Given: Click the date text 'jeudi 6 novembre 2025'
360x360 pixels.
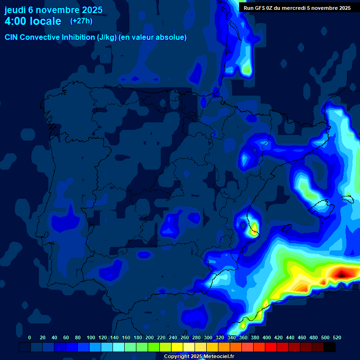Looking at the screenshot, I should (x=53, y=10).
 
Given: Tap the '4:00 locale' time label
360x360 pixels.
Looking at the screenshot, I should (x=33, y=22).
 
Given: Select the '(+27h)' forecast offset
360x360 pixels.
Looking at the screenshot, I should (x=81, y=21).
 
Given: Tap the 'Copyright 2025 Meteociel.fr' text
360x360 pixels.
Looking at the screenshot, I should (x=199, y=357).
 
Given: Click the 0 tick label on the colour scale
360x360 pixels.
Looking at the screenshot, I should (x=30, y=337).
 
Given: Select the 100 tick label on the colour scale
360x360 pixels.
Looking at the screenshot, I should (x=91, y=337).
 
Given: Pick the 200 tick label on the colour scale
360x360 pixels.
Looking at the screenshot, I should (x=150, y=337).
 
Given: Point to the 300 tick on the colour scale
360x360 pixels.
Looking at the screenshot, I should (x=208, y=337).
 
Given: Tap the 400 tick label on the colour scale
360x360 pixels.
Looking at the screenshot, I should (x=267, y=337).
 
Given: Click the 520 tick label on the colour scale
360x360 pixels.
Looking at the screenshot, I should (x=337, y=337).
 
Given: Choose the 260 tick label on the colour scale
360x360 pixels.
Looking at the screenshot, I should (x=185, y=337).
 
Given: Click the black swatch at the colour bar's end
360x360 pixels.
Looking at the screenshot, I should (x=330, y=347).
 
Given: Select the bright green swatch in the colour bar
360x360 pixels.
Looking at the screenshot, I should (x=154, y=347).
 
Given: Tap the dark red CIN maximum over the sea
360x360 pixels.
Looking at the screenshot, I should (x=342, y=272).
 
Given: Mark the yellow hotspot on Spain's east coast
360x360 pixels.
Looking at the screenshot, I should (x=254, y=228).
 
